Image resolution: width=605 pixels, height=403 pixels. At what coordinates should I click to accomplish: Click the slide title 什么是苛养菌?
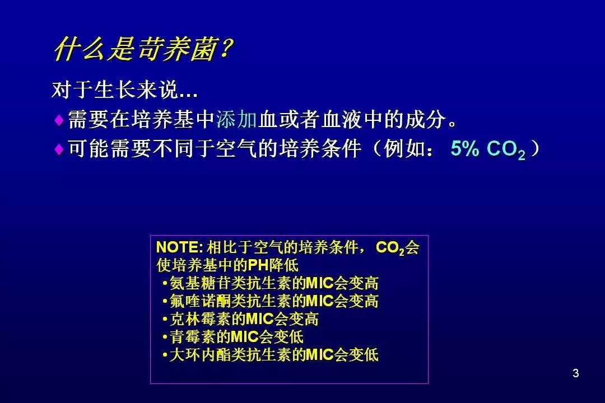[143, 49]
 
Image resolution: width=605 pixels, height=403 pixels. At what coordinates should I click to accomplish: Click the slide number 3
[576, 373]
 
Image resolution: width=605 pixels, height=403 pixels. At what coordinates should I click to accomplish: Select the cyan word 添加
[236, 119]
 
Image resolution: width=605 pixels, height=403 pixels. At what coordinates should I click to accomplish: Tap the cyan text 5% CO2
[488, 149]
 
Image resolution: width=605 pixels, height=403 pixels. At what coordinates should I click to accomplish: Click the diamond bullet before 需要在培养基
[59, 120]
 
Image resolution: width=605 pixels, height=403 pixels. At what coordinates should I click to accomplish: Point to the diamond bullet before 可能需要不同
[59, 149]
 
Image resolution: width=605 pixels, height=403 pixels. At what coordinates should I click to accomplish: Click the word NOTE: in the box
[179, 247]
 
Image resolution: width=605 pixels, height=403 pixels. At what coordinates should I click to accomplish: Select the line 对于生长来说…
[124, 90]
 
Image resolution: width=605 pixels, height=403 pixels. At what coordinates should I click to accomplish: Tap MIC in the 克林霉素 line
[260, 319]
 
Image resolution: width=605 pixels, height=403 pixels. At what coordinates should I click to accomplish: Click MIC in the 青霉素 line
[244, 336]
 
